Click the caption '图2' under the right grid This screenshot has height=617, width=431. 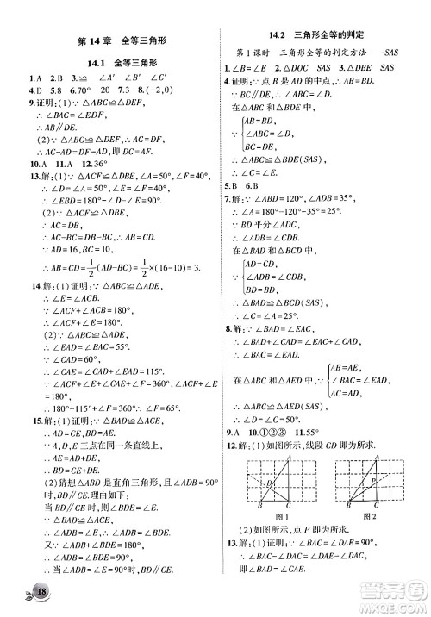[x=372, y=516]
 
